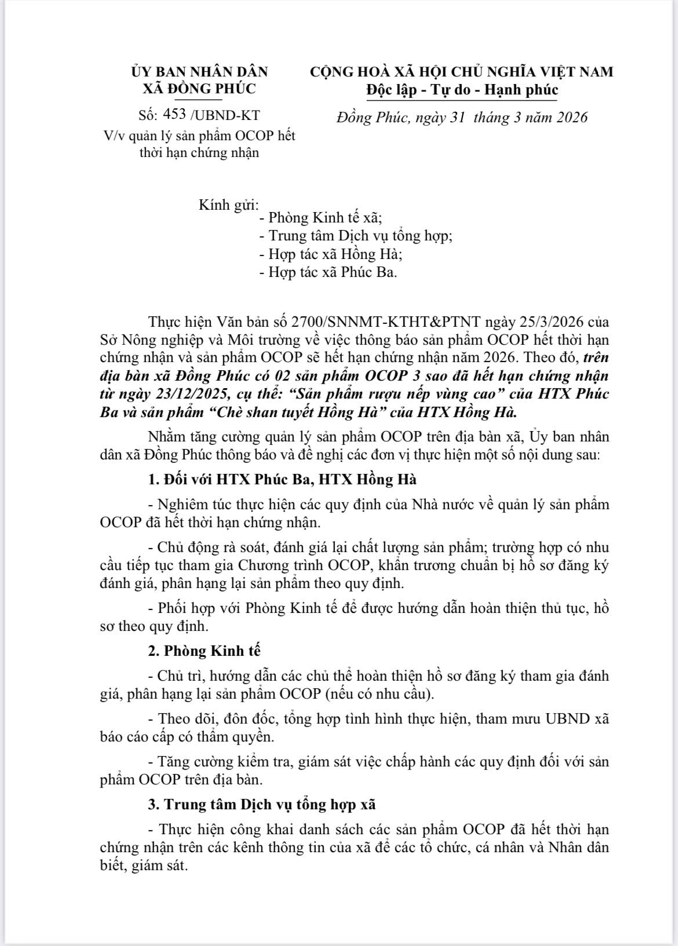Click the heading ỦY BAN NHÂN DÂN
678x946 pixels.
click(199, 72)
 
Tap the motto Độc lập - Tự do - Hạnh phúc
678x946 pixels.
click(462, 90)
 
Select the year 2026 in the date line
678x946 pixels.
click(569, 118)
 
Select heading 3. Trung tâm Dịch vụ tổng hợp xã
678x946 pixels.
click(262, 804)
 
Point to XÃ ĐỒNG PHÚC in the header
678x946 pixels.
click(199, 89)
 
